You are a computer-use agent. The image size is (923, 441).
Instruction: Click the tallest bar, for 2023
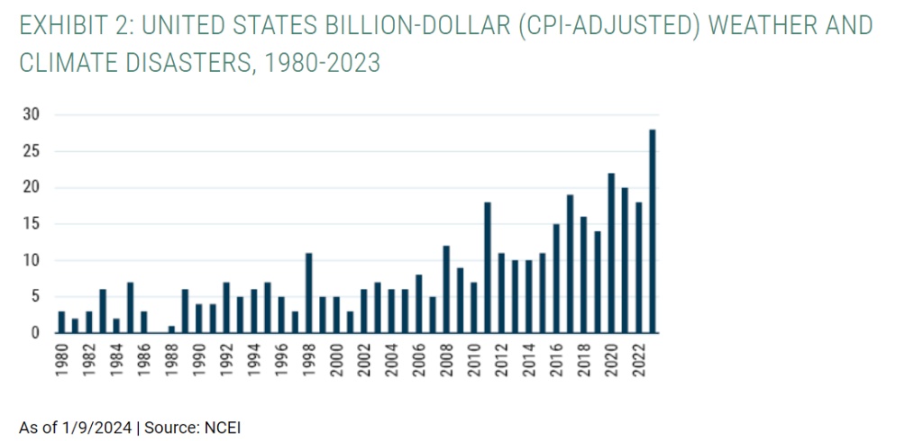pyautogui.click(x=652, y=231)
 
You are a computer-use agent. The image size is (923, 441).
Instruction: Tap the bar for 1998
pyautogui.click(x=309, y=292)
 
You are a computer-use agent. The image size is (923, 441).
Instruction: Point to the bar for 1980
pyautogui.click(x=61, y=322)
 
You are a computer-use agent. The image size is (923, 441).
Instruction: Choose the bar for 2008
pyautogui.click(x=446, y=289)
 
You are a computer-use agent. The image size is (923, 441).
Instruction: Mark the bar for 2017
pyautogui.click(x=570, y=264)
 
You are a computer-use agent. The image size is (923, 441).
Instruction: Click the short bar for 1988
pyautogui.click(x=171, y=329)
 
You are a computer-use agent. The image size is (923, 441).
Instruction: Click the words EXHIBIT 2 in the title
pyautogui.click(x=73, y=25)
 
